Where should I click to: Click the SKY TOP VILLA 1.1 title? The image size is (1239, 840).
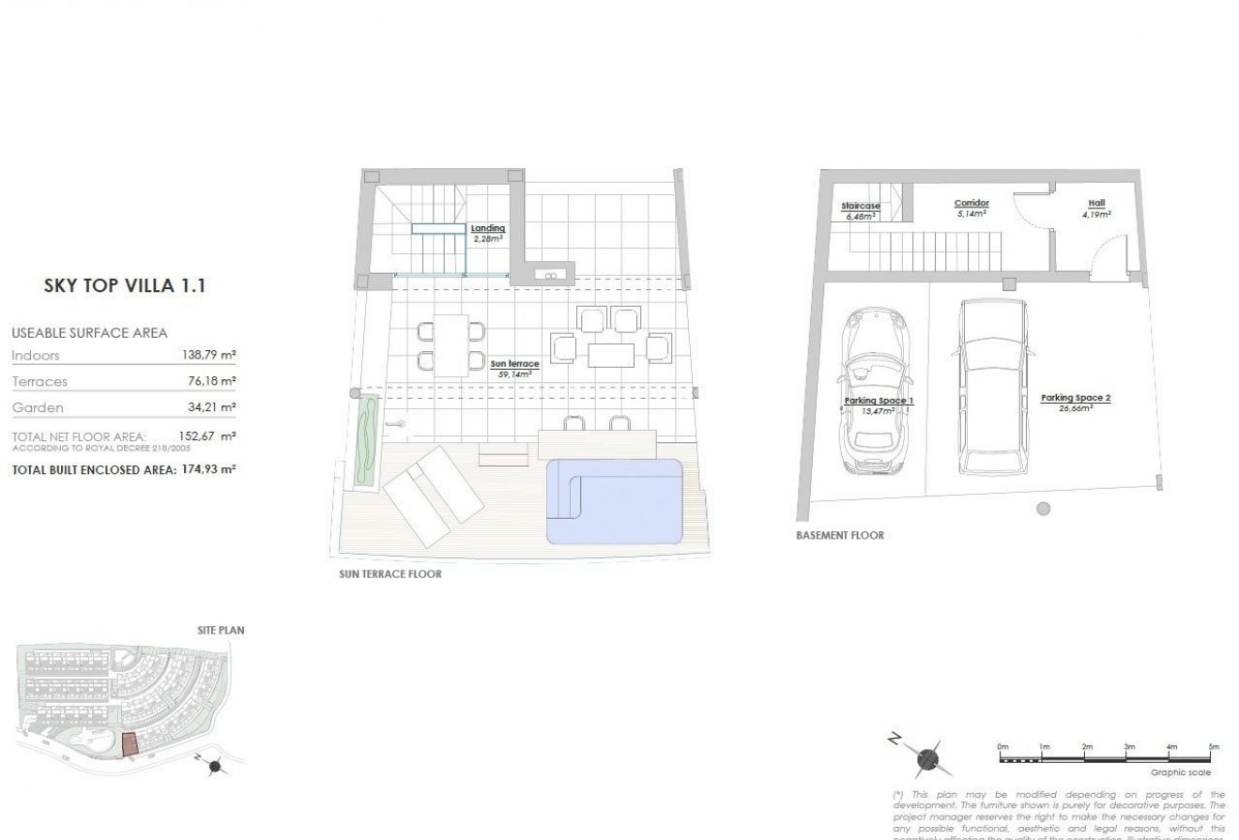coord(124,286)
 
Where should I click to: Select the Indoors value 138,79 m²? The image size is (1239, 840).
coord(207,356)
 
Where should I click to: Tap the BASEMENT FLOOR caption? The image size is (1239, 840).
coord(839,536)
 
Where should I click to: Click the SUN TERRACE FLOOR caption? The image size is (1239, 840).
coord(390,573)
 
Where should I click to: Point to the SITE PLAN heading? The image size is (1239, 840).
coord(221,631)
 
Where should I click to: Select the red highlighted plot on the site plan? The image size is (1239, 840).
coord(130,744)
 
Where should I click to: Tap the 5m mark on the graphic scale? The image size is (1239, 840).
coord(1213,747)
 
